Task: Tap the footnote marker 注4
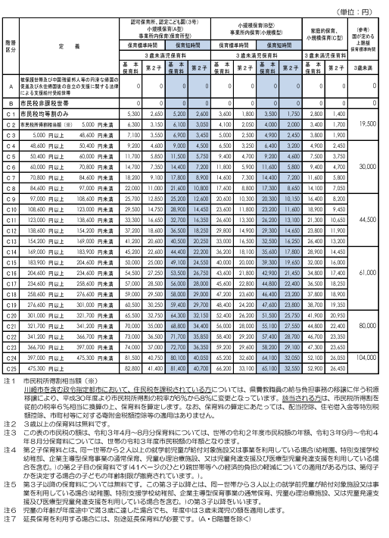pos(8,449)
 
